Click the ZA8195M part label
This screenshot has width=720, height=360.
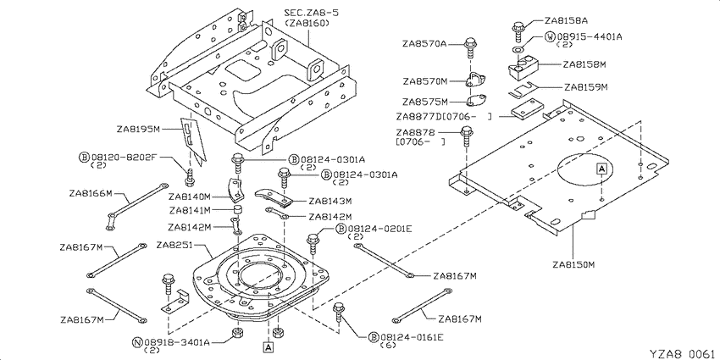(138, 129)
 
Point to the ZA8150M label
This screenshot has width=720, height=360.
(574, 264)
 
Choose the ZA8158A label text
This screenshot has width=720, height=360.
(566, 20)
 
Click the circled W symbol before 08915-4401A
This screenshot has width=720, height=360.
(550, 36)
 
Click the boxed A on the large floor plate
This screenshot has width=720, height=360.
(601, 169)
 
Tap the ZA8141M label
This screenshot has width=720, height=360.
(190, 211)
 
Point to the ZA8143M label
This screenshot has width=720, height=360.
(330, 201)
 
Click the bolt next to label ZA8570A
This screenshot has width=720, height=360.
(470, 47)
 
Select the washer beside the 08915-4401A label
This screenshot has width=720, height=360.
(518, 48)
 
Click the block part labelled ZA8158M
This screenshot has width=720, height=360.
(523, 67)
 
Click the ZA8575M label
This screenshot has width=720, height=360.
(424, 101)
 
